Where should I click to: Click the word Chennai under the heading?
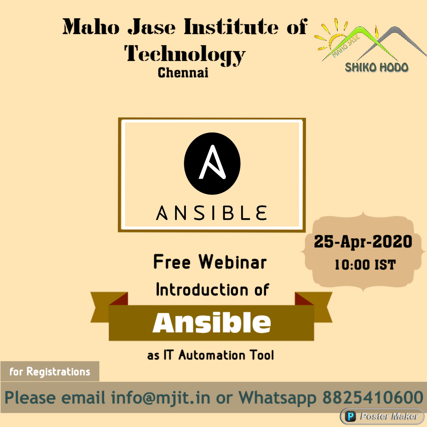183,73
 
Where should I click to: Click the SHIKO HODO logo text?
377,67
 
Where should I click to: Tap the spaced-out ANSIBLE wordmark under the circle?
212,212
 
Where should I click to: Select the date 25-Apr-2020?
363,241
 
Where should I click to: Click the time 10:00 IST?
365,265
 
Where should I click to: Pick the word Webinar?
233,262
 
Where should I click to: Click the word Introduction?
195,290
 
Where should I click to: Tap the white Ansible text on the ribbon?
212,323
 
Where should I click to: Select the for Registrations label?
50,372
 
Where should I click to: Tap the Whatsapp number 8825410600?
373,397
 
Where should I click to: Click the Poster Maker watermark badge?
382,416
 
